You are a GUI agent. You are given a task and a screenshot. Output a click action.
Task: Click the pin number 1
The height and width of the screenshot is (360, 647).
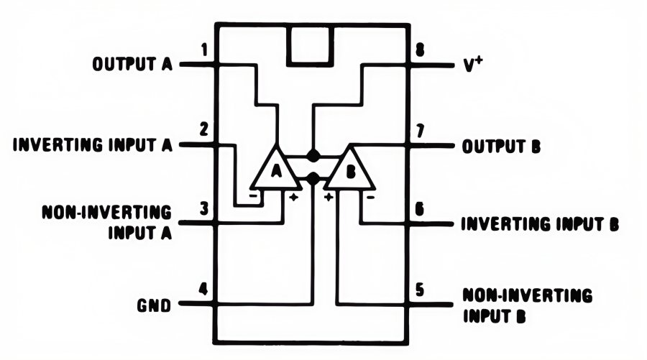(205, 51)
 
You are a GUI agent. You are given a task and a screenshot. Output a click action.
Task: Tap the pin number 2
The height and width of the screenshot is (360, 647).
(205, 131)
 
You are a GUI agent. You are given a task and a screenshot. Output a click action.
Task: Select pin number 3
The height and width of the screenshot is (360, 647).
(205, 209)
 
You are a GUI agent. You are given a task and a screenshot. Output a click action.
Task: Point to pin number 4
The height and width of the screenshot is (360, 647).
(204, 291)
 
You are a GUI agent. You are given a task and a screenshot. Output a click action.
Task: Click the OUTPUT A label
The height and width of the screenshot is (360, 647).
(132, 65)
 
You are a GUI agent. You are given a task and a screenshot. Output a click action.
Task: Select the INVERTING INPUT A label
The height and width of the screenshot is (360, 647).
(93, 145)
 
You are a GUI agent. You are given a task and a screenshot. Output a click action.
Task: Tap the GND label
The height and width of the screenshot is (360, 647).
(154, 305)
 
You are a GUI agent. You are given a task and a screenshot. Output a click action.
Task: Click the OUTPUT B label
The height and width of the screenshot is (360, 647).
(500, 146)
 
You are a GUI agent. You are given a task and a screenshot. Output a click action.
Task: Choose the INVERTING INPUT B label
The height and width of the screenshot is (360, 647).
(539, 223)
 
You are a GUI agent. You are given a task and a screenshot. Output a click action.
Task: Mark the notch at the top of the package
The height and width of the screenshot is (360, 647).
(312, 45)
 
